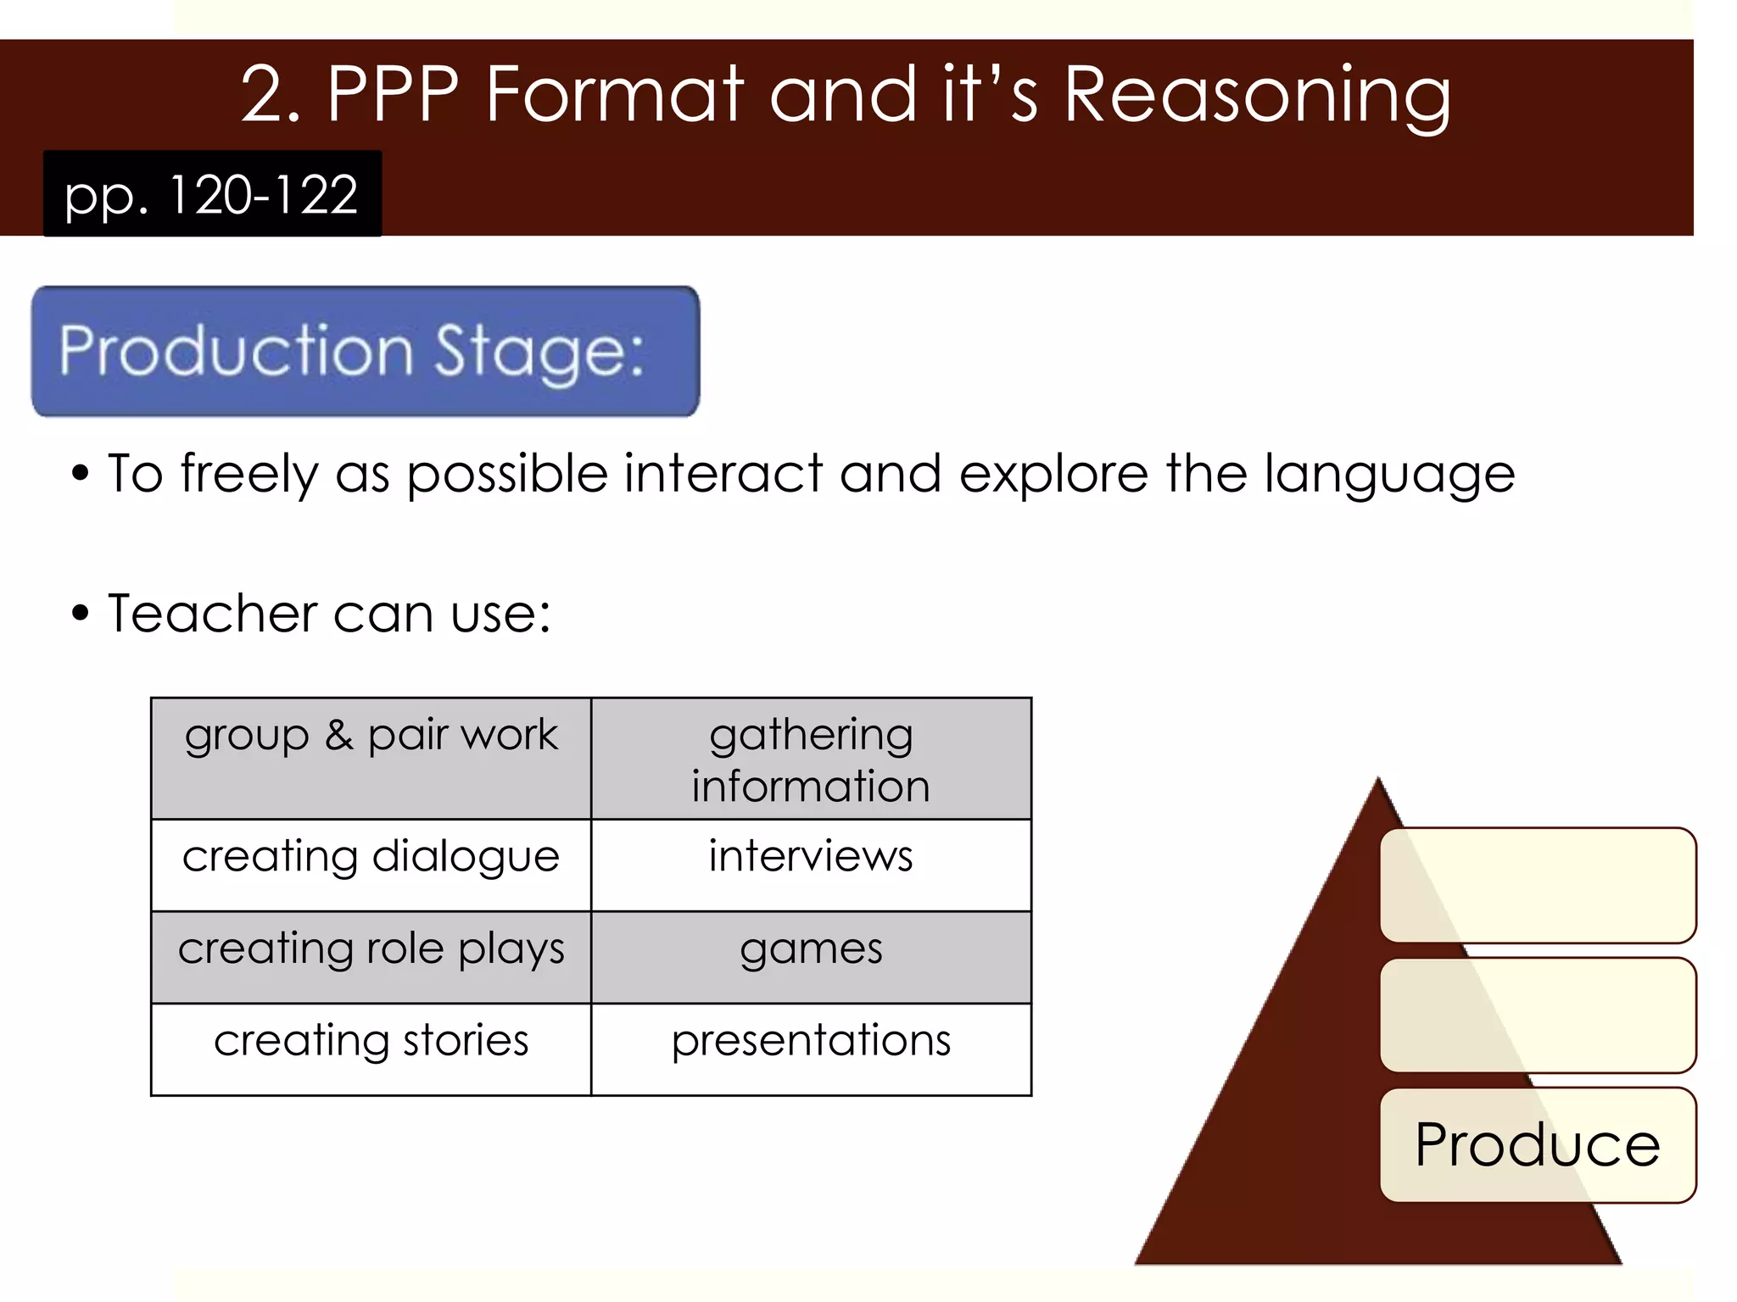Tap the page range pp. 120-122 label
coord(212,194)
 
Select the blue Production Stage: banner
coord(366,351)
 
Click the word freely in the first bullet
coord(249,474)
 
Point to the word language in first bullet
coord(1389,474)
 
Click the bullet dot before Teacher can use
coord(80,613)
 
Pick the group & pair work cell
coord(371,758)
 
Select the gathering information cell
coord(811,758)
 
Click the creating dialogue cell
coord(371,864)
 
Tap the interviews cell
coord(811,864)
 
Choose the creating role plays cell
coord(371,956)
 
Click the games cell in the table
coord(811,956)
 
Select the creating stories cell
coord(371,1049)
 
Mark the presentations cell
coord(811,1049)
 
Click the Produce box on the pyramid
coord(1537,1144)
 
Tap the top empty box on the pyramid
coord(1537,885)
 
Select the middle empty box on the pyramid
coord(1537,1015)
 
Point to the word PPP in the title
coord(393,95)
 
